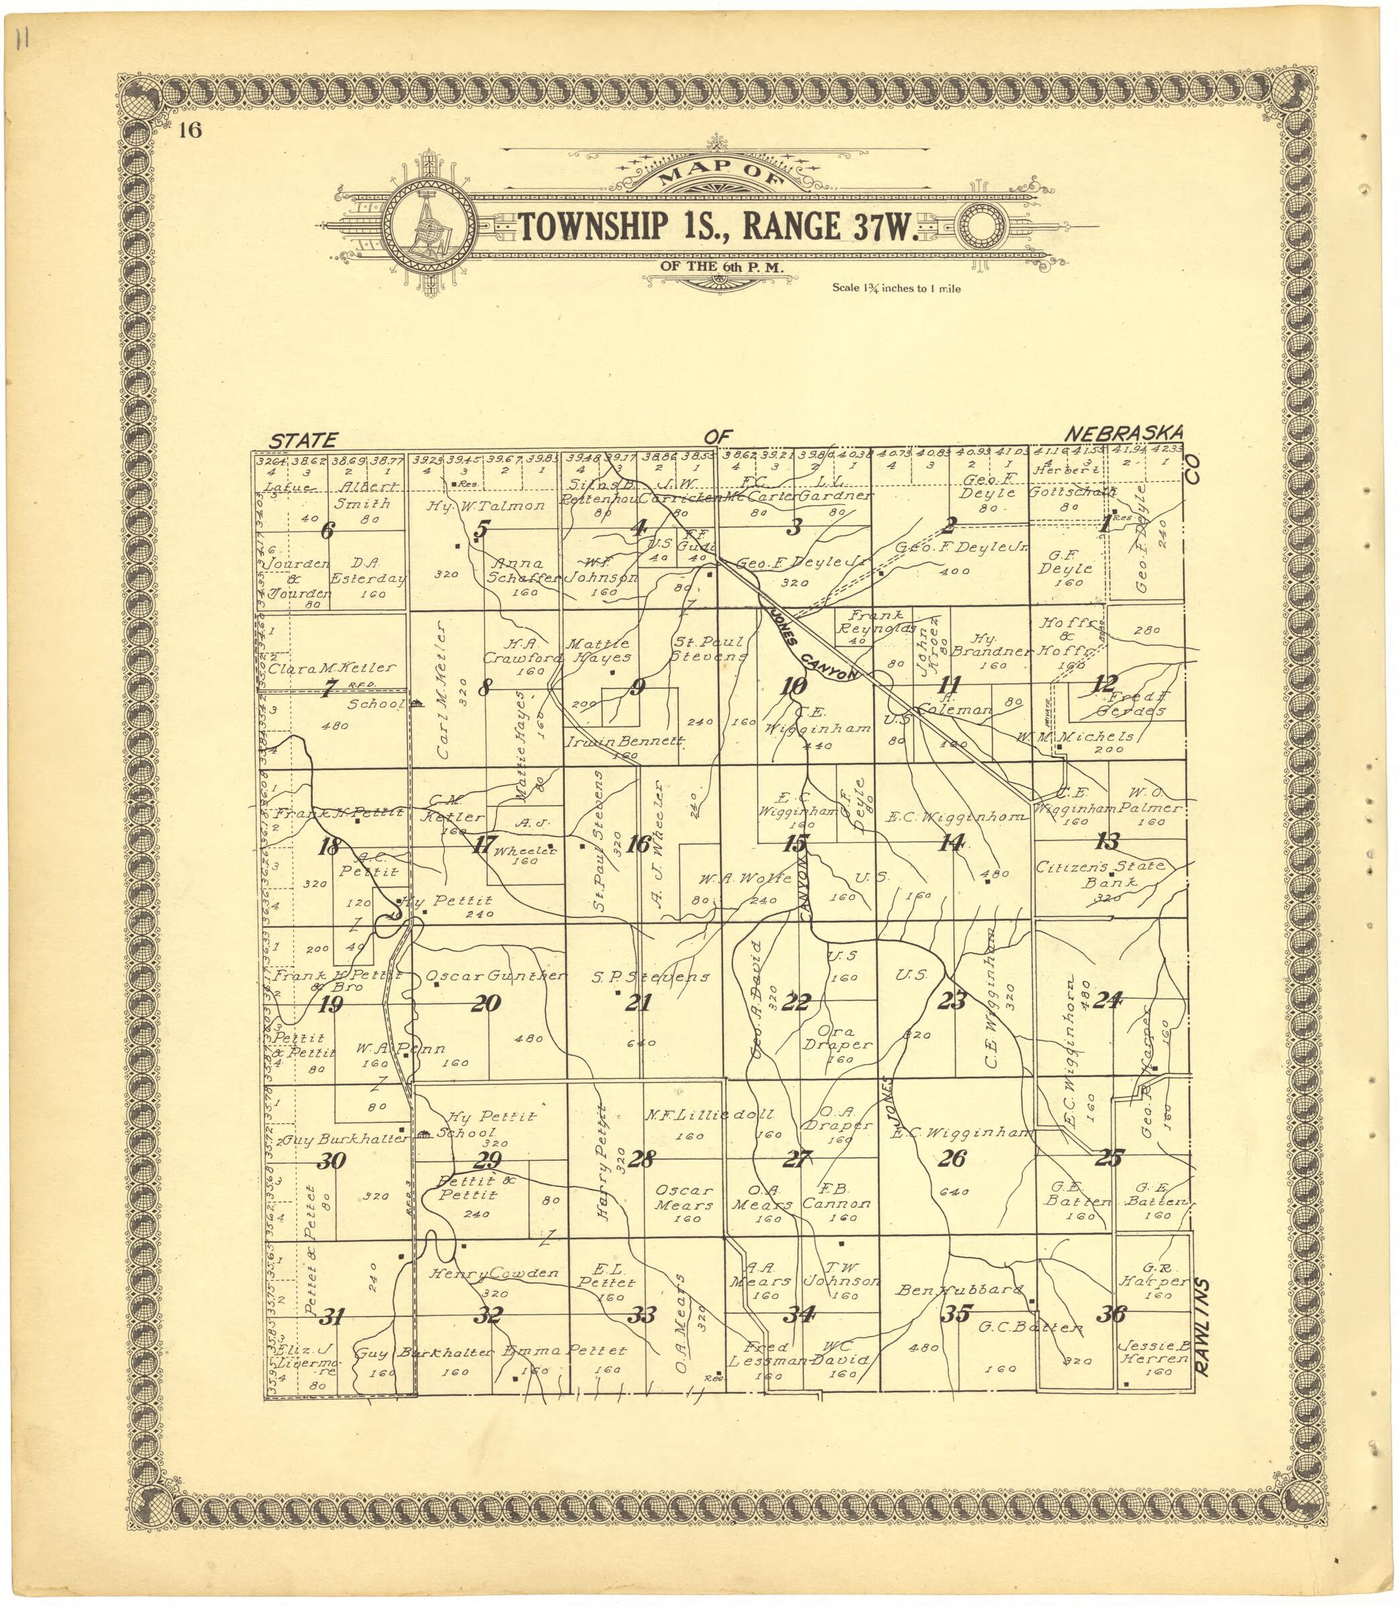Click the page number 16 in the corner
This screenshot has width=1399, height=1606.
pos(190,129)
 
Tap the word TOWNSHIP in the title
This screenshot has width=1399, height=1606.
pos(594,226)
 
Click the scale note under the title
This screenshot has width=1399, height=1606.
pos(896,288)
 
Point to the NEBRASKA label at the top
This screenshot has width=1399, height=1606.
pos(1124,433)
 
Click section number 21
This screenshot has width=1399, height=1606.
pos(638,1002)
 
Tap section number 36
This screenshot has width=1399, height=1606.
pos(1111,1314)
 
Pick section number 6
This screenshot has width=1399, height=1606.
pos(327,530)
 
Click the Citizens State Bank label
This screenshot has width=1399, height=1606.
pos(1100,874)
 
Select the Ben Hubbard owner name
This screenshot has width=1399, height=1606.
pos(960,1290)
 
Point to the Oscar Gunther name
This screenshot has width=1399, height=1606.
pos(494,976)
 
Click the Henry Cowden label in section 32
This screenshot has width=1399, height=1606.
pos(494,1273)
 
